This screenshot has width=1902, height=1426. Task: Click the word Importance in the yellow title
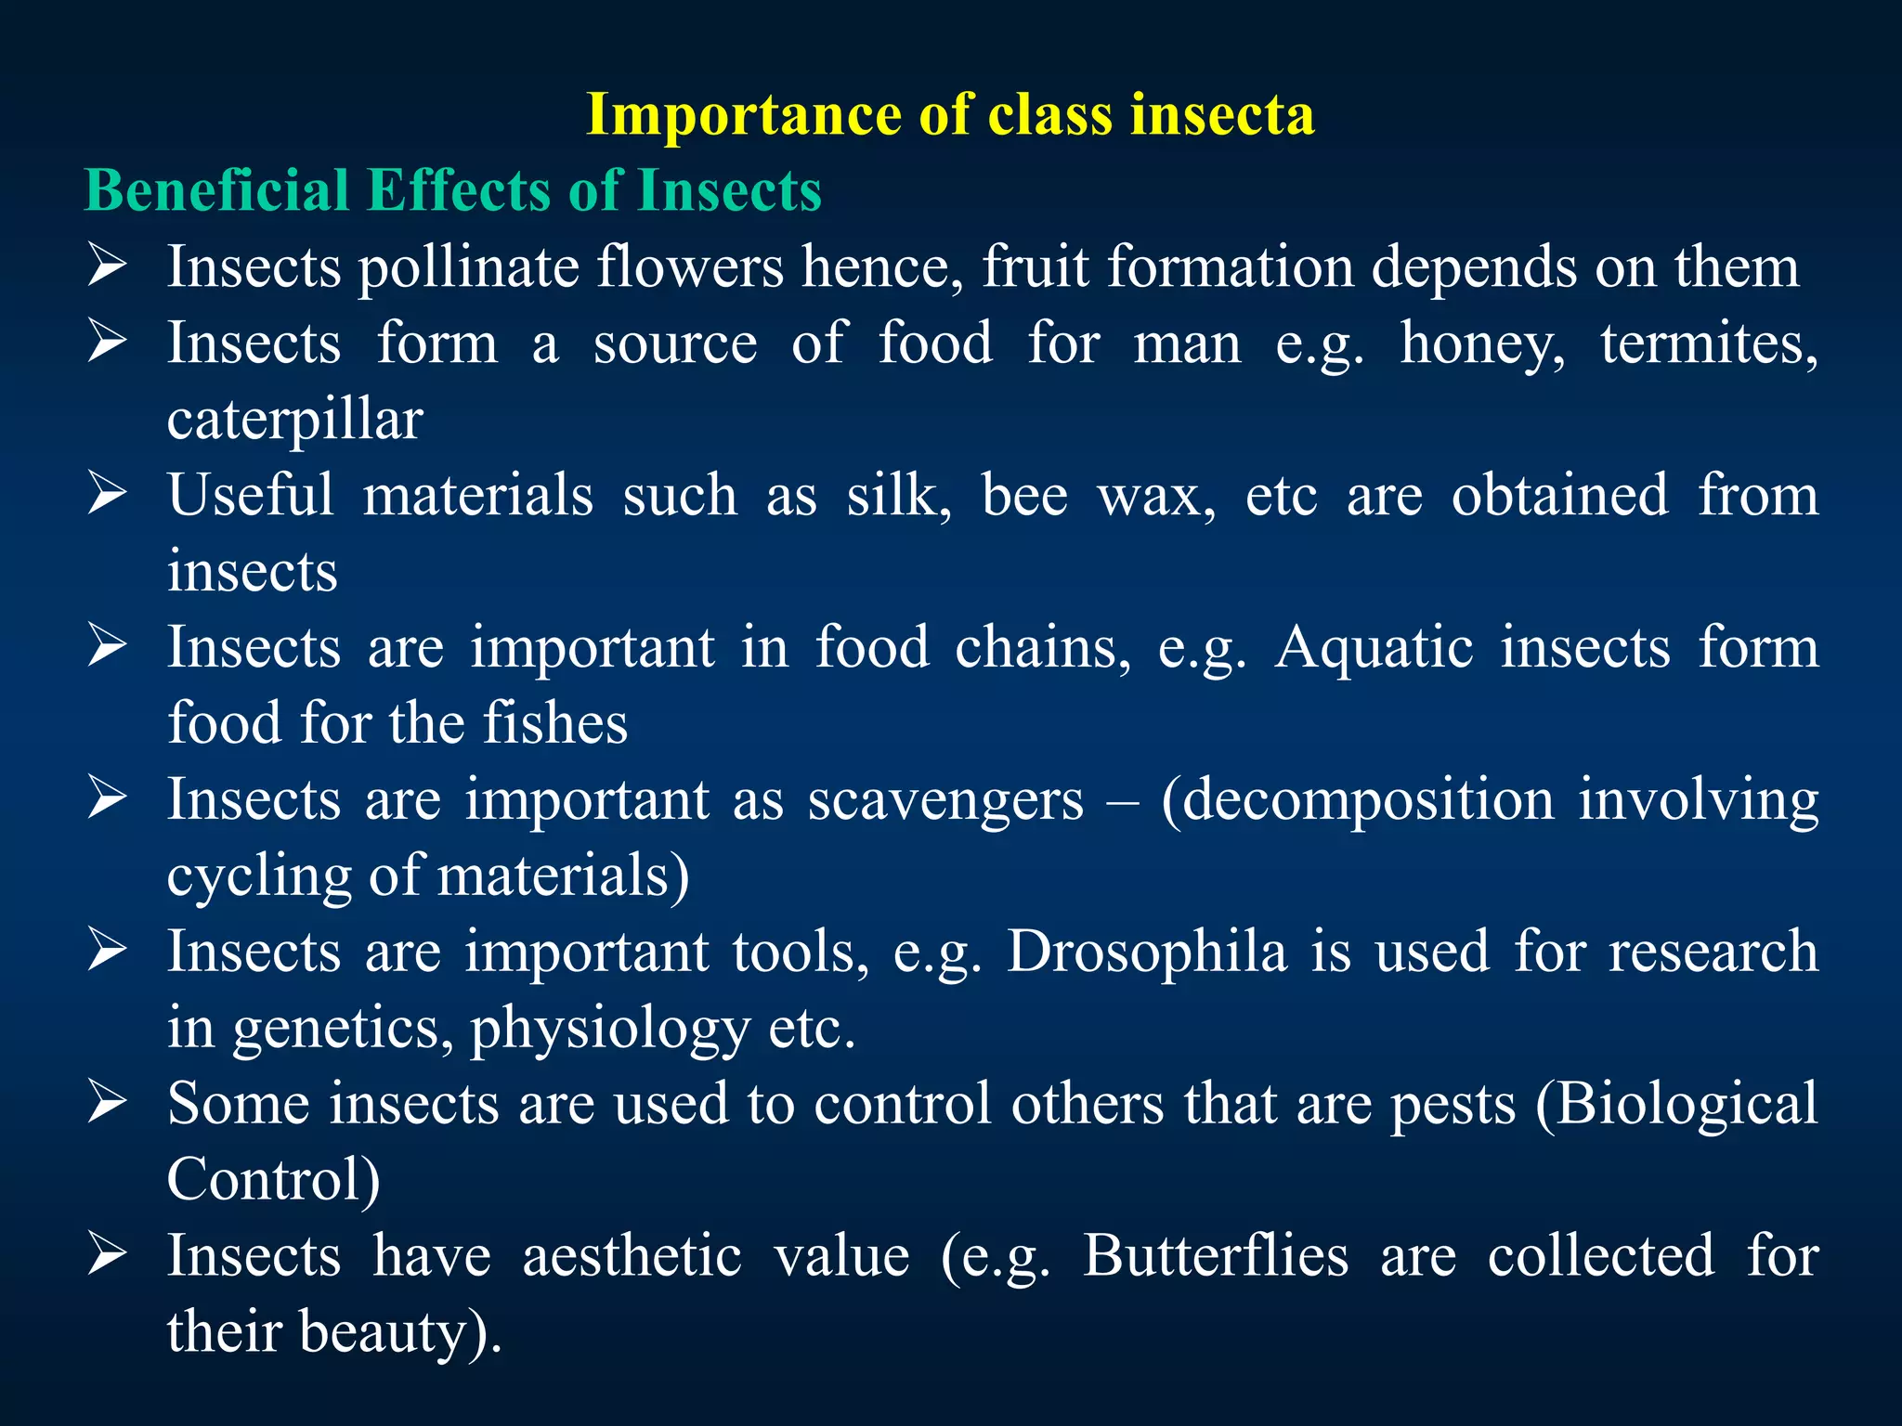pyautogui.click(x=744, y=115)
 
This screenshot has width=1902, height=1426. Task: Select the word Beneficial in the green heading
pyautogui.click(x=215, y=191)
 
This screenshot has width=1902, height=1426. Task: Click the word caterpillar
pyautogui.click(x=294, y=421)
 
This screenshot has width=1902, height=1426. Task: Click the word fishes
pyautogui.click(x=555, y=723)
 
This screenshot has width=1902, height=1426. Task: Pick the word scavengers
pyautogui.click(x=944, y=800)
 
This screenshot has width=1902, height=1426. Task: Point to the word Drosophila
pyautogui.click(x=1147, y=953)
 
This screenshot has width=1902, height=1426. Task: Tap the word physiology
pyautogui.click(x=609, y=1030)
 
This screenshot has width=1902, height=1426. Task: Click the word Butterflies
pyautogui.click(x=1215, y=1256)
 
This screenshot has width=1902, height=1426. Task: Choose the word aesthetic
pyautogui.click(x=632, y=1256)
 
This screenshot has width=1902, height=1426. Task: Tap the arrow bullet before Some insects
pyautogui.click(x=107, y=1103)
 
